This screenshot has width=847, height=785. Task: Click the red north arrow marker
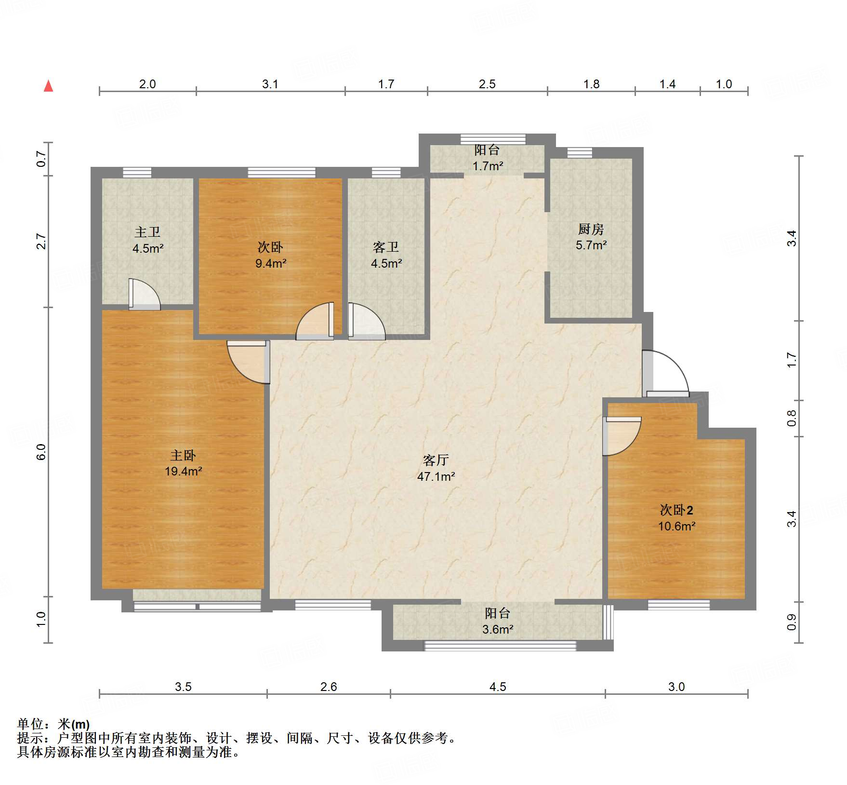pos(48,86)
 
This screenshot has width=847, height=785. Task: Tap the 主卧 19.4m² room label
pos(183,463)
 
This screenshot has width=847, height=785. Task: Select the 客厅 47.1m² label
pos(436,468)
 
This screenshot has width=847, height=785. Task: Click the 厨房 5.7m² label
pos(591,237)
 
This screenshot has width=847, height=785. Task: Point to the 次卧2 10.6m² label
pos(676,518)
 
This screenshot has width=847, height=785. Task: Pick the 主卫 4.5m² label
pos(148,240)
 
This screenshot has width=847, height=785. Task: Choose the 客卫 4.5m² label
pos(386,255)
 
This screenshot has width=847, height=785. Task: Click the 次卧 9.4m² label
pos(270,255)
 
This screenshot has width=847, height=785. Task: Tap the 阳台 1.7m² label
pos(488,158)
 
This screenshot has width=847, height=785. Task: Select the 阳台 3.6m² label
pos(498,621)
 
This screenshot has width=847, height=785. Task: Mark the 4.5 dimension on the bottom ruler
pos(498,687)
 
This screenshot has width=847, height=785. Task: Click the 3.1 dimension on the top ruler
pos(270,84)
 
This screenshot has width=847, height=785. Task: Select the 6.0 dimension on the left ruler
pos(41,452)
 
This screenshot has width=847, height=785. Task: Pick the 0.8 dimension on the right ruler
pos(792,418)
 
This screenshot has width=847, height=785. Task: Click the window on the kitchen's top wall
pos(580,153)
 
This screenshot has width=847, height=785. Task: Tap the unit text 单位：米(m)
pos(53,724)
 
